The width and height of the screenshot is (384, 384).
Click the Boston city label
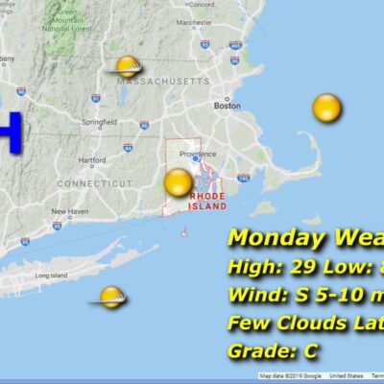pos(228,107)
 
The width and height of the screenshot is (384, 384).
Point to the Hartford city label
pos(92,160)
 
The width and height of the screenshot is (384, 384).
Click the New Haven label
pos(69,211)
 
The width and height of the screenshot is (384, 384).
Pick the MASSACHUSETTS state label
pos(162,82)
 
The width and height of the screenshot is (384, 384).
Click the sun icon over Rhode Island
pos(179,182)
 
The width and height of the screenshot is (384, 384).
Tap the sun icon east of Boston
pos(326,108)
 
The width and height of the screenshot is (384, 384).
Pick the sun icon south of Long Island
pos(111,297)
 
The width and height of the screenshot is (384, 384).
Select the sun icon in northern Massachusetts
pos(127,66)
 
